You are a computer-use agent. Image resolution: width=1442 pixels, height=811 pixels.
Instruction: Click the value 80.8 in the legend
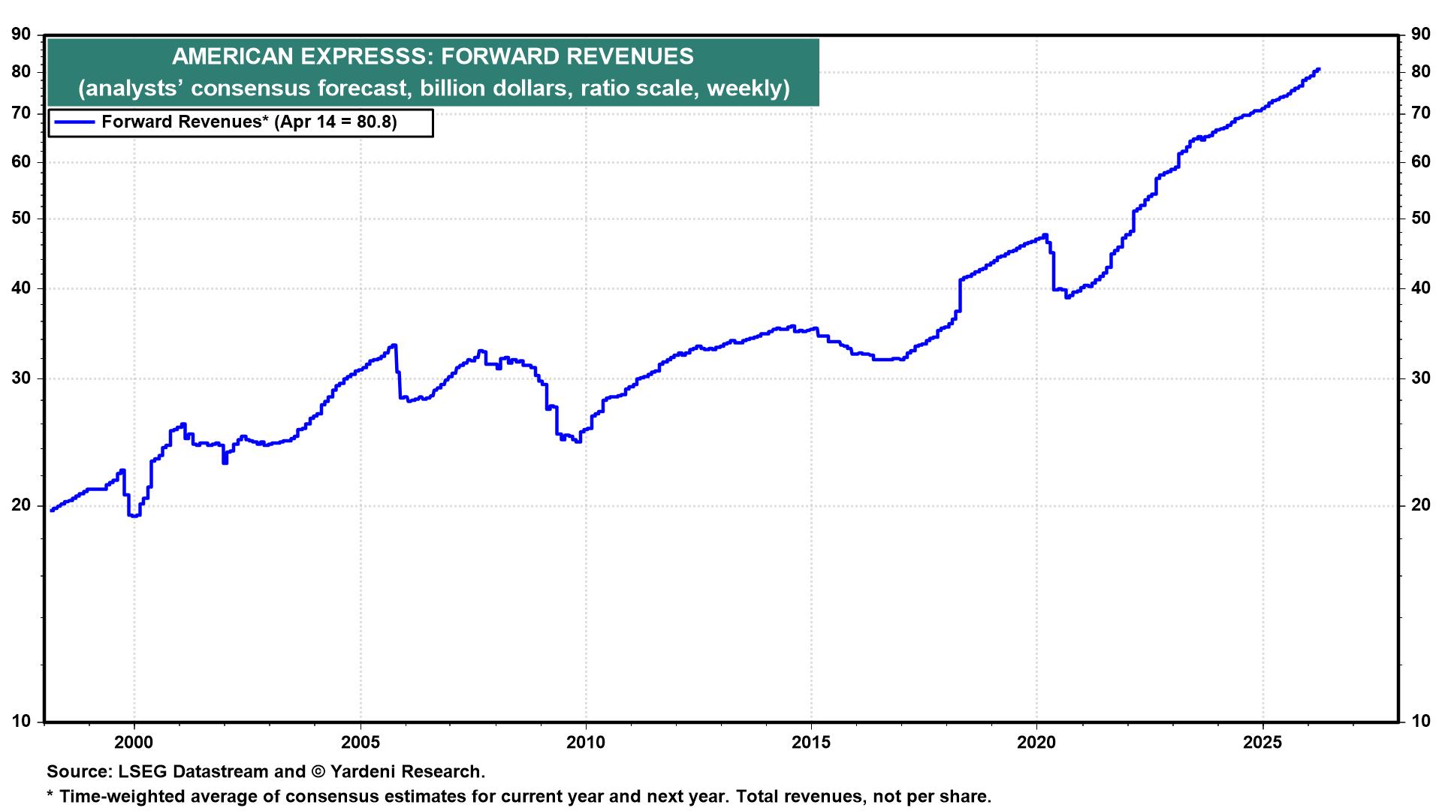point(375,122)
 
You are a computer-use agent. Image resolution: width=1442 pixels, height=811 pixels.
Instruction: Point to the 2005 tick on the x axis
point(360,743)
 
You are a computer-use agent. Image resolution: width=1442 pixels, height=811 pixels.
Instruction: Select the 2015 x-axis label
point(811,743)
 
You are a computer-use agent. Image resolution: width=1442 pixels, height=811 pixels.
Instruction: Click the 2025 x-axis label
point(1263,743)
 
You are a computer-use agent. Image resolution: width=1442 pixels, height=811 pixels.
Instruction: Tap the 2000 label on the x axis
point(134,743)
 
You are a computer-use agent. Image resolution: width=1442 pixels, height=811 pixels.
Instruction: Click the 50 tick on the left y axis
point(22,219)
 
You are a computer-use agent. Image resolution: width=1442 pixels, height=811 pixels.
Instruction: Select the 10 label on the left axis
point(22,722)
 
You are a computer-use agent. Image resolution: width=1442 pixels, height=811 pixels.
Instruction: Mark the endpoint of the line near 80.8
point(1318,70)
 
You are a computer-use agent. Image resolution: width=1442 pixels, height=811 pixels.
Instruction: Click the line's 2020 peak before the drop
point(1045,236)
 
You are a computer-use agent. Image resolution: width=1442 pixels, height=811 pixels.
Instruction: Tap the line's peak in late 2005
point(394,345)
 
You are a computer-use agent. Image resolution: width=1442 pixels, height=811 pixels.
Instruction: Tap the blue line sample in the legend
point(74,122)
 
